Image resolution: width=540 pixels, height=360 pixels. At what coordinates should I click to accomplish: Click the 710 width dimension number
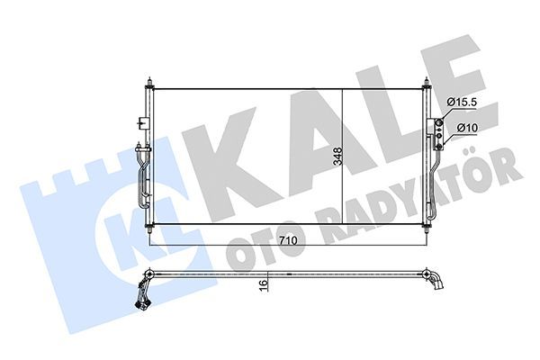(287, 240)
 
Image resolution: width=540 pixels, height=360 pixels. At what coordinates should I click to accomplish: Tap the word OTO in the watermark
(256, 236)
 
